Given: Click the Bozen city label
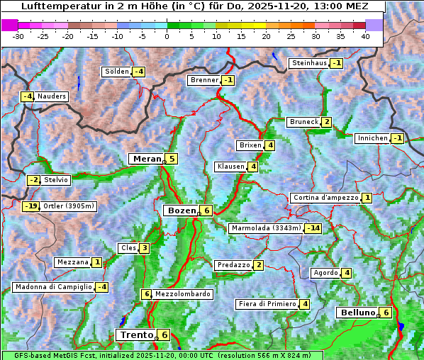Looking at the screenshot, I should pos(180,210).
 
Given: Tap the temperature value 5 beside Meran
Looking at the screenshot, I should pos(172,159).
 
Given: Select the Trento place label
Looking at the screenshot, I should pos(136,334).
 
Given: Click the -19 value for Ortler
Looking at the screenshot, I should pos(30,206).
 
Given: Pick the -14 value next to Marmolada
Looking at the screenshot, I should pos(313,228).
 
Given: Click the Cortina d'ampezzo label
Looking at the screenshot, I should pos(325,198).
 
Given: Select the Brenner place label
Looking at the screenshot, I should pos(204,80).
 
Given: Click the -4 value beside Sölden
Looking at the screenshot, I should pos(138,72).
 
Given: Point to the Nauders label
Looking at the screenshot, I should pos(51,96).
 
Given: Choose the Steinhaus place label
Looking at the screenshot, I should pos(309,63).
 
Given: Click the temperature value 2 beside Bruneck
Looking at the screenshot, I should pos(326,122).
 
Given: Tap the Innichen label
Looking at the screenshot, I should pos(372,138).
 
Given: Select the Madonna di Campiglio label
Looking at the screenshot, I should pos(53,287).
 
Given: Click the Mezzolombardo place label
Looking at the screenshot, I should pos(182,294).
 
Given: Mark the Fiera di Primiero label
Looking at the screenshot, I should pos(267,304).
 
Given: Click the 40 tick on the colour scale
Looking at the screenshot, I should pos(365,37).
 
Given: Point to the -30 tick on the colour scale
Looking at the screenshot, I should pos(18,37).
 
